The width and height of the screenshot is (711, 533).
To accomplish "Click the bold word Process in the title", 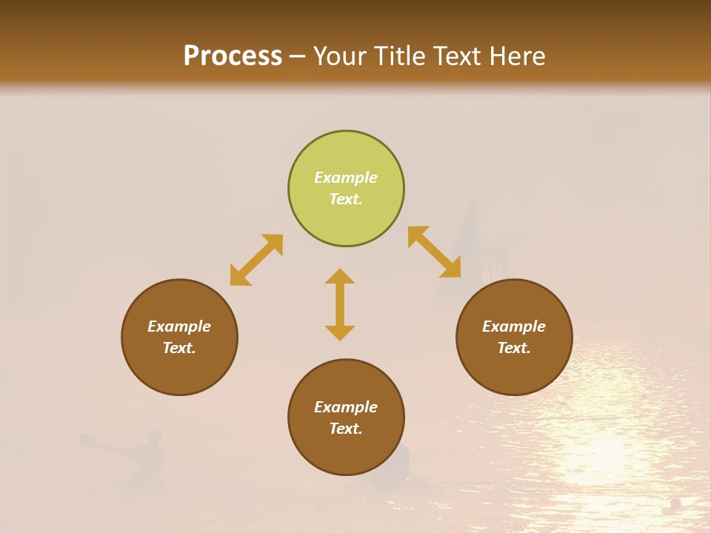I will (x=233, y=56).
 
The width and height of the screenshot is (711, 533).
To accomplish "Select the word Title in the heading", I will (x=404, y=56).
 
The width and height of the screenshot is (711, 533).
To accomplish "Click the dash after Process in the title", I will (x=298, y=56).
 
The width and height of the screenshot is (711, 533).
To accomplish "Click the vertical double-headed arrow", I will (x=340, y=304).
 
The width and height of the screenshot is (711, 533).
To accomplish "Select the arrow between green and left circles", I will (x=256, y=260).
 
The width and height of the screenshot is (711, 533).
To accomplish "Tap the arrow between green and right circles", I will (x=435, y=252).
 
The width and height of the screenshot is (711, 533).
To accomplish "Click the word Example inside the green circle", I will (x=346, y=178).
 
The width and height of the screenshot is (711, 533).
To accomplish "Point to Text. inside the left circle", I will (x=179, y=348).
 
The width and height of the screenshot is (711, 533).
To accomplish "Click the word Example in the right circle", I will (x=514, y=326).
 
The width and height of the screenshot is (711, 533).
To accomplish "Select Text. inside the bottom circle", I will (x=346, y=429).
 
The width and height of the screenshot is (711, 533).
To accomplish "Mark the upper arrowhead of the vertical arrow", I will (x=340, y=276).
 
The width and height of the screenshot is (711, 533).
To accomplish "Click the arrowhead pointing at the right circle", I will (x=451, y=268).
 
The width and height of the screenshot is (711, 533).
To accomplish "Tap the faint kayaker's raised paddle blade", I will (x=87, y=440).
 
